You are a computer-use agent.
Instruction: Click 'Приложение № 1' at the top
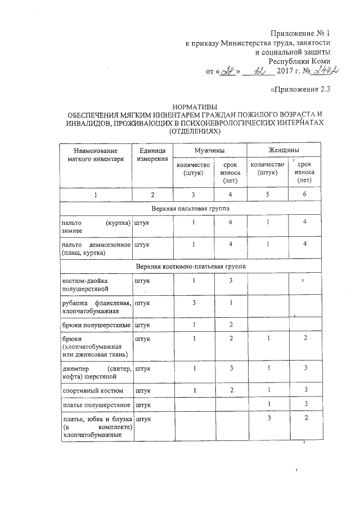click(x=301, y=33)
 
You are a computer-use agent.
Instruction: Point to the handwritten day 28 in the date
click(x=227, y=71)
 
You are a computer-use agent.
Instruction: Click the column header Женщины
click(x=283, y=151)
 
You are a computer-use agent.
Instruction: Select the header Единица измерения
click(x=152, y=155)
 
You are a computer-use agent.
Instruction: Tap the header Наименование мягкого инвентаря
click(x=95, y=155)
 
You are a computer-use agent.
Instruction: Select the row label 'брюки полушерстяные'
click(x=96, y=325)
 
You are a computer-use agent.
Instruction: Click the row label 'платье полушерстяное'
click(x=96, y=405)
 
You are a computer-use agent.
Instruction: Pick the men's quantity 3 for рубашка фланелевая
click(x=193, y=303)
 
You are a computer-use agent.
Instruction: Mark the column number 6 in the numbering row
click(x=304, y=195)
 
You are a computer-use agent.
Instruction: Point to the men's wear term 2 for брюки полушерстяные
click(x=231, y=325)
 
